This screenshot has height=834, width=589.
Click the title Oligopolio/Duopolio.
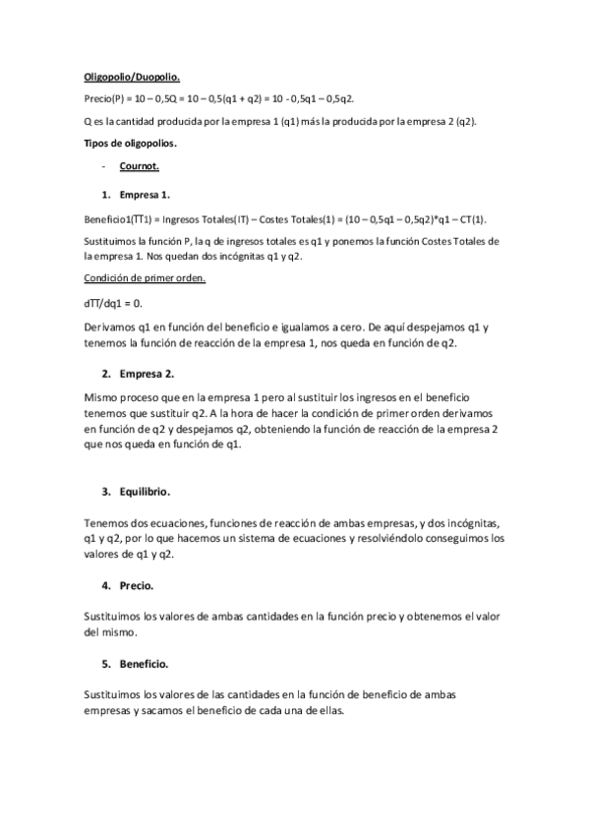point(130,76)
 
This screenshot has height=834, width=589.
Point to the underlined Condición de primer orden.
point(145,278)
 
